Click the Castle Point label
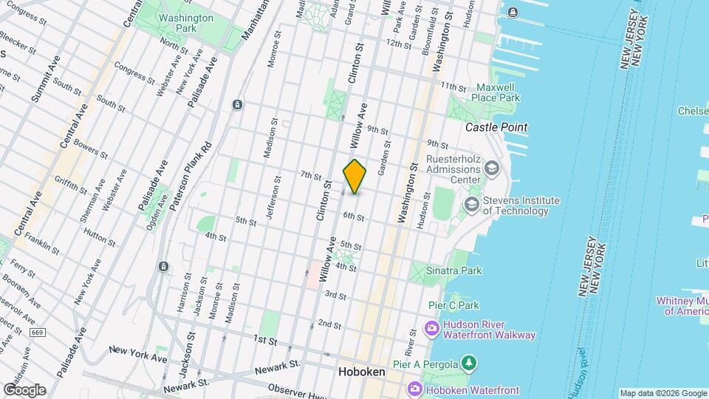[496, 127]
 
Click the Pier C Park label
[453, 305]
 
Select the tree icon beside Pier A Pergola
[467, 362]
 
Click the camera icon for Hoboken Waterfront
[414, 389]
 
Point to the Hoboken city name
[361, 372]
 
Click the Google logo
[24, 390]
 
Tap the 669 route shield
[37, 333]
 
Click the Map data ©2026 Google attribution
[662, 393]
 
